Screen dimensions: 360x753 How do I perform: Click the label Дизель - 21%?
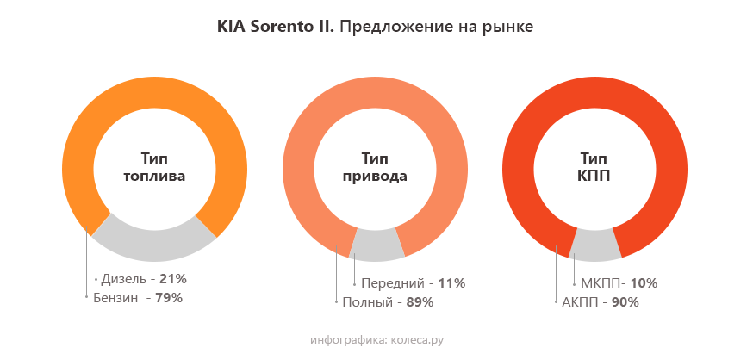pos(144,279)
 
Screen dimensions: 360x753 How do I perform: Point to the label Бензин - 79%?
pos(138,298)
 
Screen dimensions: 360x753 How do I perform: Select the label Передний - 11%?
pos(413,282)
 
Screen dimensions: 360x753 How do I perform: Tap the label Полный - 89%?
pos(387,302)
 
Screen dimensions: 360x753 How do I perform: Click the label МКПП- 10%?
pos(619,282)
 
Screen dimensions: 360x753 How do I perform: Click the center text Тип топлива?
pos(154,167)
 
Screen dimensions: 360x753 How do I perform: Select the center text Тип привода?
pos(375,167)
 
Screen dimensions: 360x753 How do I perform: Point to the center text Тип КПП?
pos(594,167)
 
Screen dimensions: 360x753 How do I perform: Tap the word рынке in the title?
pos(510,28)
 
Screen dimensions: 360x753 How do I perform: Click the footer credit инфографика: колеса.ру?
pos(376,340)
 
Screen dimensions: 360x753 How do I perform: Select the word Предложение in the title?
pos(390,28)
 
